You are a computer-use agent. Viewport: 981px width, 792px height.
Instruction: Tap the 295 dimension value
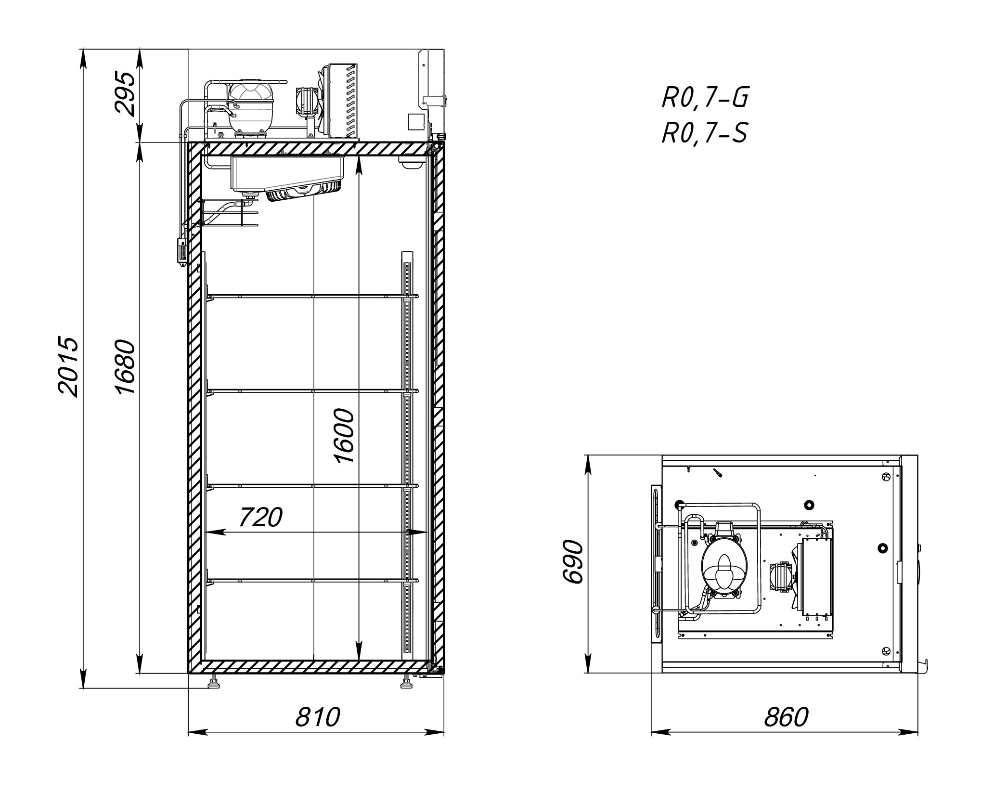[x=125, y=95]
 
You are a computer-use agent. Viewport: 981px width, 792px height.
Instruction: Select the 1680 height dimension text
[x=125, y=367]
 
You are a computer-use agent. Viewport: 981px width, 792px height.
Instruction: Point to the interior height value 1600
[x=344, y=436]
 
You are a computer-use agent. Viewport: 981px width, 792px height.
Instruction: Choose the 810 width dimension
[x=317, y=717]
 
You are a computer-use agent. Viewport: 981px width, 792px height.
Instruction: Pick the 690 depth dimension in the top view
[x=573, y=562]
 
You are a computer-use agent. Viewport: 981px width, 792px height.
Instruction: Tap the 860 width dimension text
[x=786, y=717]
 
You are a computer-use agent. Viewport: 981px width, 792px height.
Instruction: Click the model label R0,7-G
[x=705, y=98]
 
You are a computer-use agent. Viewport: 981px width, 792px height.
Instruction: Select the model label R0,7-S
[x=705, y=133]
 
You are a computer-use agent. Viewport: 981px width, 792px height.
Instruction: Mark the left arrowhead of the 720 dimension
[x=215, y=532]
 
